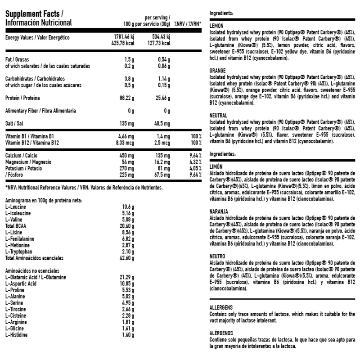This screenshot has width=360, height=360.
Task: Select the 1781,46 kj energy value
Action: tap(123, 37)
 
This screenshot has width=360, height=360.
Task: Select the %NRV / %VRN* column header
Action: tap(188, 23)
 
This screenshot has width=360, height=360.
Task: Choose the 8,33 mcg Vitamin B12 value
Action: tap(125, 142)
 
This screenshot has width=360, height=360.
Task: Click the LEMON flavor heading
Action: tap(217, 26)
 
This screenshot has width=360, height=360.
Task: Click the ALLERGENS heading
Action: tap(221, 306)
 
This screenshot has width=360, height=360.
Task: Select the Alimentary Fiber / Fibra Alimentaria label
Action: tap(40, 110)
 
